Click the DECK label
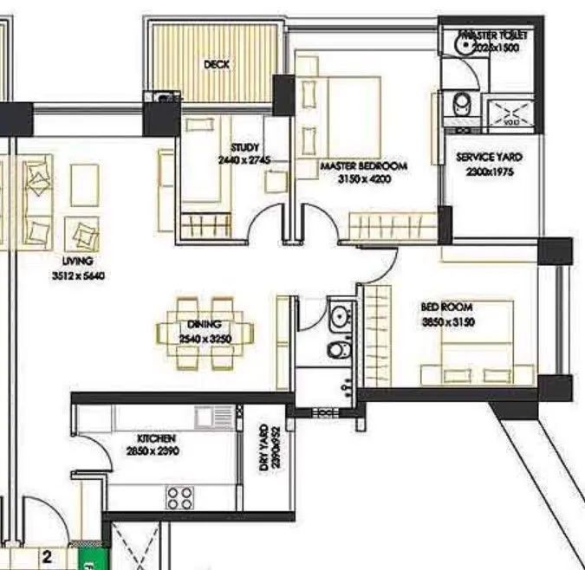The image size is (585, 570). [216, 64]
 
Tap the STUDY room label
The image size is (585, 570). [245, 147]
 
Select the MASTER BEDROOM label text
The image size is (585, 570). [363, 165]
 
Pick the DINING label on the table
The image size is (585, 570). [205, 326]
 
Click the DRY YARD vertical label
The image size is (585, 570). [263, 450]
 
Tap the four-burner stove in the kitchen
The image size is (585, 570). [179, 496]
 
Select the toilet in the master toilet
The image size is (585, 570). [464, 104]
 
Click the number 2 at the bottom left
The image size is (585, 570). [47, 558]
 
